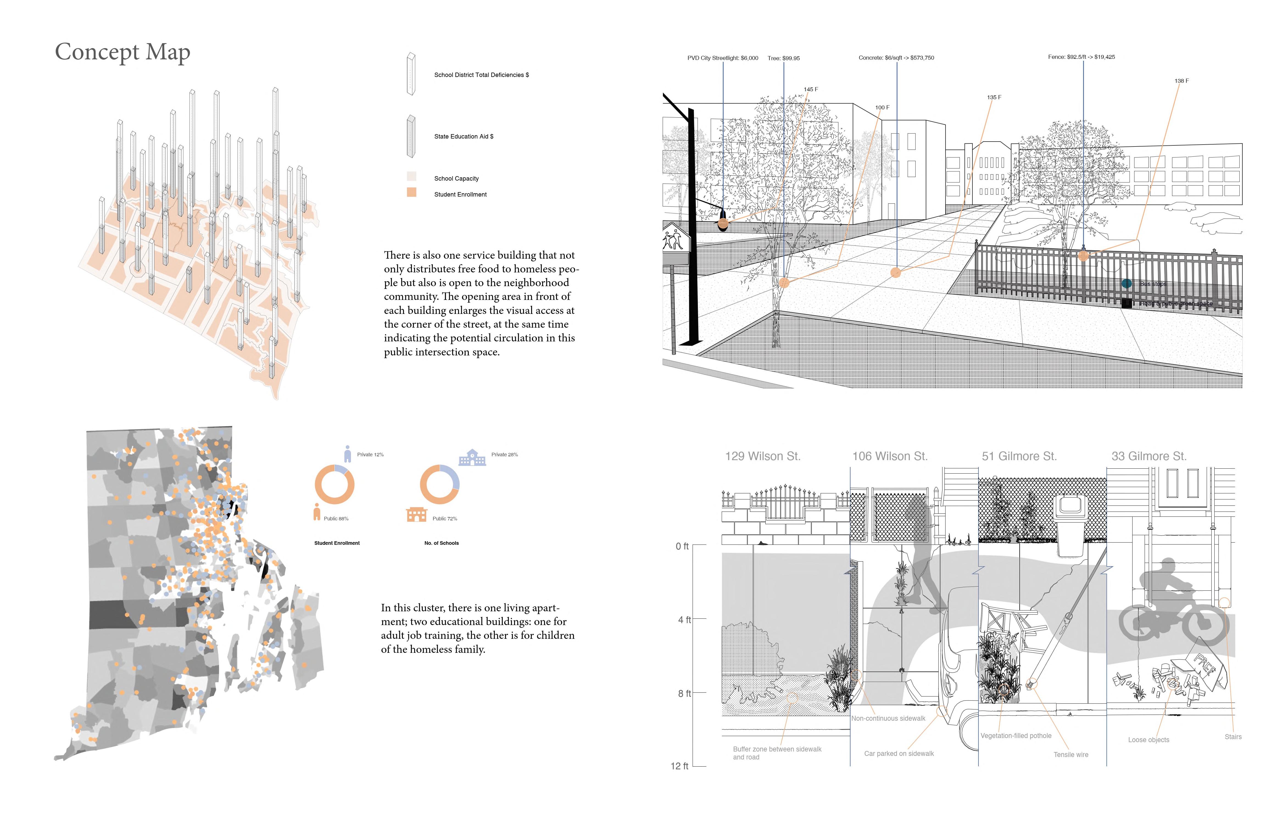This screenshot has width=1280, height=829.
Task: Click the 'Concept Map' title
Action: click(x=123, y=52)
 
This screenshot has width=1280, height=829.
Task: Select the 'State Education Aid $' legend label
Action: click(x=464, y=137)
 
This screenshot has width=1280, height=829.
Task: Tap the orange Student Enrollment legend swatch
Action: click(x=411, y=192)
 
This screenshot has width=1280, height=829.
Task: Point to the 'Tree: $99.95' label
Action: click(x=783, y=58)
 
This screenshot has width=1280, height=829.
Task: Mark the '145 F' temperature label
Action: click(x=810, y=89)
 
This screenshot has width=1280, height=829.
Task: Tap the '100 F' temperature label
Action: click(x=882, y=108)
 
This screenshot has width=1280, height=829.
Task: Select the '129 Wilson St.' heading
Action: click(x=763, y=457)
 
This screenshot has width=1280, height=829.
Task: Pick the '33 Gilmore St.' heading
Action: click(x=1149, y=457)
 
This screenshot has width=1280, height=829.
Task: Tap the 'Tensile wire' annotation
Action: click(x=1070, y=755)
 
